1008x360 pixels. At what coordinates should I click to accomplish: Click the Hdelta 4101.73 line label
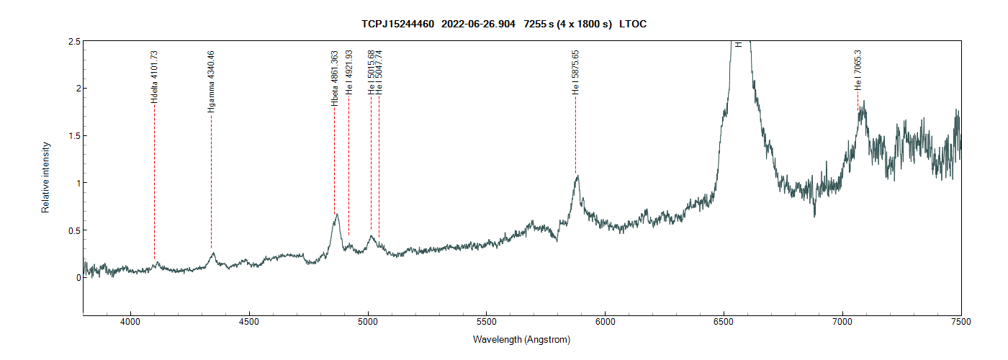tap(154, 77)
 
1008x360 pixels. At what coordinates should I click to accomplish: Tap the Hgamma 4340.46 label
tap(211, 81)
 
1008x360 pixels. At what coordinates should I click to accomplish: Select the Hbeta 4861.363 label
tap(334, 78)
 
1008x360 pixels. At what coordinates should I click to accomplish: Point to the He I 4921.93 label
tap(348, 72)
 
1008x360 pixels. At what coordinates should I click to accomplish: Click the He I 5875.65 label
tap(575, 73)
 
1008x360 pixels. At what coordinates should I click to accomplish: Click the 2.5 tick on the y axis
tap(73, 42)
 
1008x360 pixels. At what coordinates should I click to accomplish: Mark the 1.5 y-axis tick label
tap(73, 136)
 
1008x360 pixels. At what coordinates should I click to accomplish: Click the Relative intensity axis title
tap(45, 177)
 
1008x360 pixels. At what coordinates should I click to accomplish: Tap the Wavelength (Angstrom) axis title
tap(522, 339)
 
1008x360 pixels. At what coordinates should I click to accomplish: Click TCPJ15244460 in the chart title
tap(397, 24)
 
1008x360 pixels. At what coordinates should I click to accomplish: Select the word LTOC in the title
tap(633, 24)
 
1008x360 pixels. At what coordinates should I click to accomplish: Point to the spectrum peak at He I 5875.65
tap(577, 176)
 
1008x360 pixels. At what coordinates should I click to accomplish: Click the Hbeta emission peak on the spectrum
tap(336, 215)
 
